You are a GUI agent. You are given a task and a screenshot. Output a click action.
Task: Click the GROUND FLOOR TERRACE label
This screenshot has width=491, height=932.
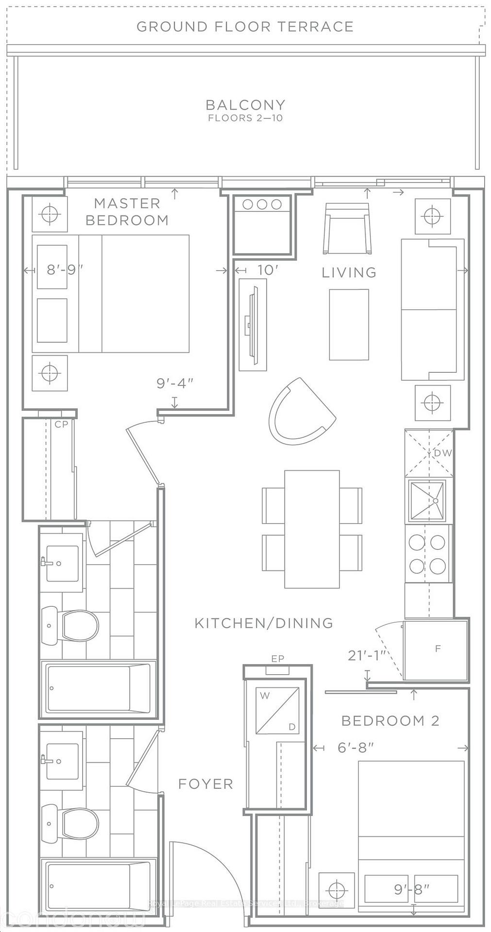(245, 27)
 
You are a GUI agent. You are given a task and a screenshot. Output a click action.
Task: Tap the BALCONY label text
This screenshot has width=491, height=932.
(245, 105)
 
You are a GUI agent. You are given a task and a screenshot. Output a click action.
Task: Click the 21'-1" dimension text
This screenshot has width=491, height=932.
(367, 656)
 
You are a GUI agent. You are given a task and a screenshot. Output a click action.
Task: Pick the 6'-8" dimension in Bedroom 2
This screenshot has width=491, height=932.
(356, 748)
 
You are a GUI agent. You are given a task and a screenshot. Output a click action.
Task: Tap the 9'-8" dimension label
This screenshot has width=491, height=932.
(412, 889)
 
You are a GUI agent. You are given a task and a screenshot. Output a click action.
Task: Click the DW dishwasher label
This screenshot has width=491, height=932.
(442, 453)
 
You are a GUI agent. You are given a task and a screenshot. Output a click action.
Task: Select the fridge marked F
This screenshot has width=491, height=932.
(437, 649)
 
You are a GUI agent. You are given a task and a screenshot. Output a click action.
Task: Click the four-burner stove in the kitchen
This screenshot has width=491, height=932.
(427, 554)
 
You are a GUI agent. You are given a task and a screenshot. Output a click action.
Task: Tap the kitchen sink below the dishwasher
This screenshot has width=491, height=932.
(427, 501)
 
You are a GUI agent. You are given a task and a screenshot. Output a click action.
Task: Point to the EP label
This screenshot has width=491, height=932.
(278, 659)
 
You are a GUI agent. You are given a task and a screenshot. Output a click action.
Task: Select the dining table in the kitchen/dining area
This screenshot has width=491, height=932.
(312, 529)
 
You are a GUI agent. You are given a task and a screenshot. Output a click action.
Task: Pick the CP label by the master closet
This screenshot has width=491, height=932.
(61, 424)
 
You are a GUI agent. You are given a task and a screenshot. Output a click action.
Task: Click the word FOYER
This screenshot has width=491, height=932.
(205, 784)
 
